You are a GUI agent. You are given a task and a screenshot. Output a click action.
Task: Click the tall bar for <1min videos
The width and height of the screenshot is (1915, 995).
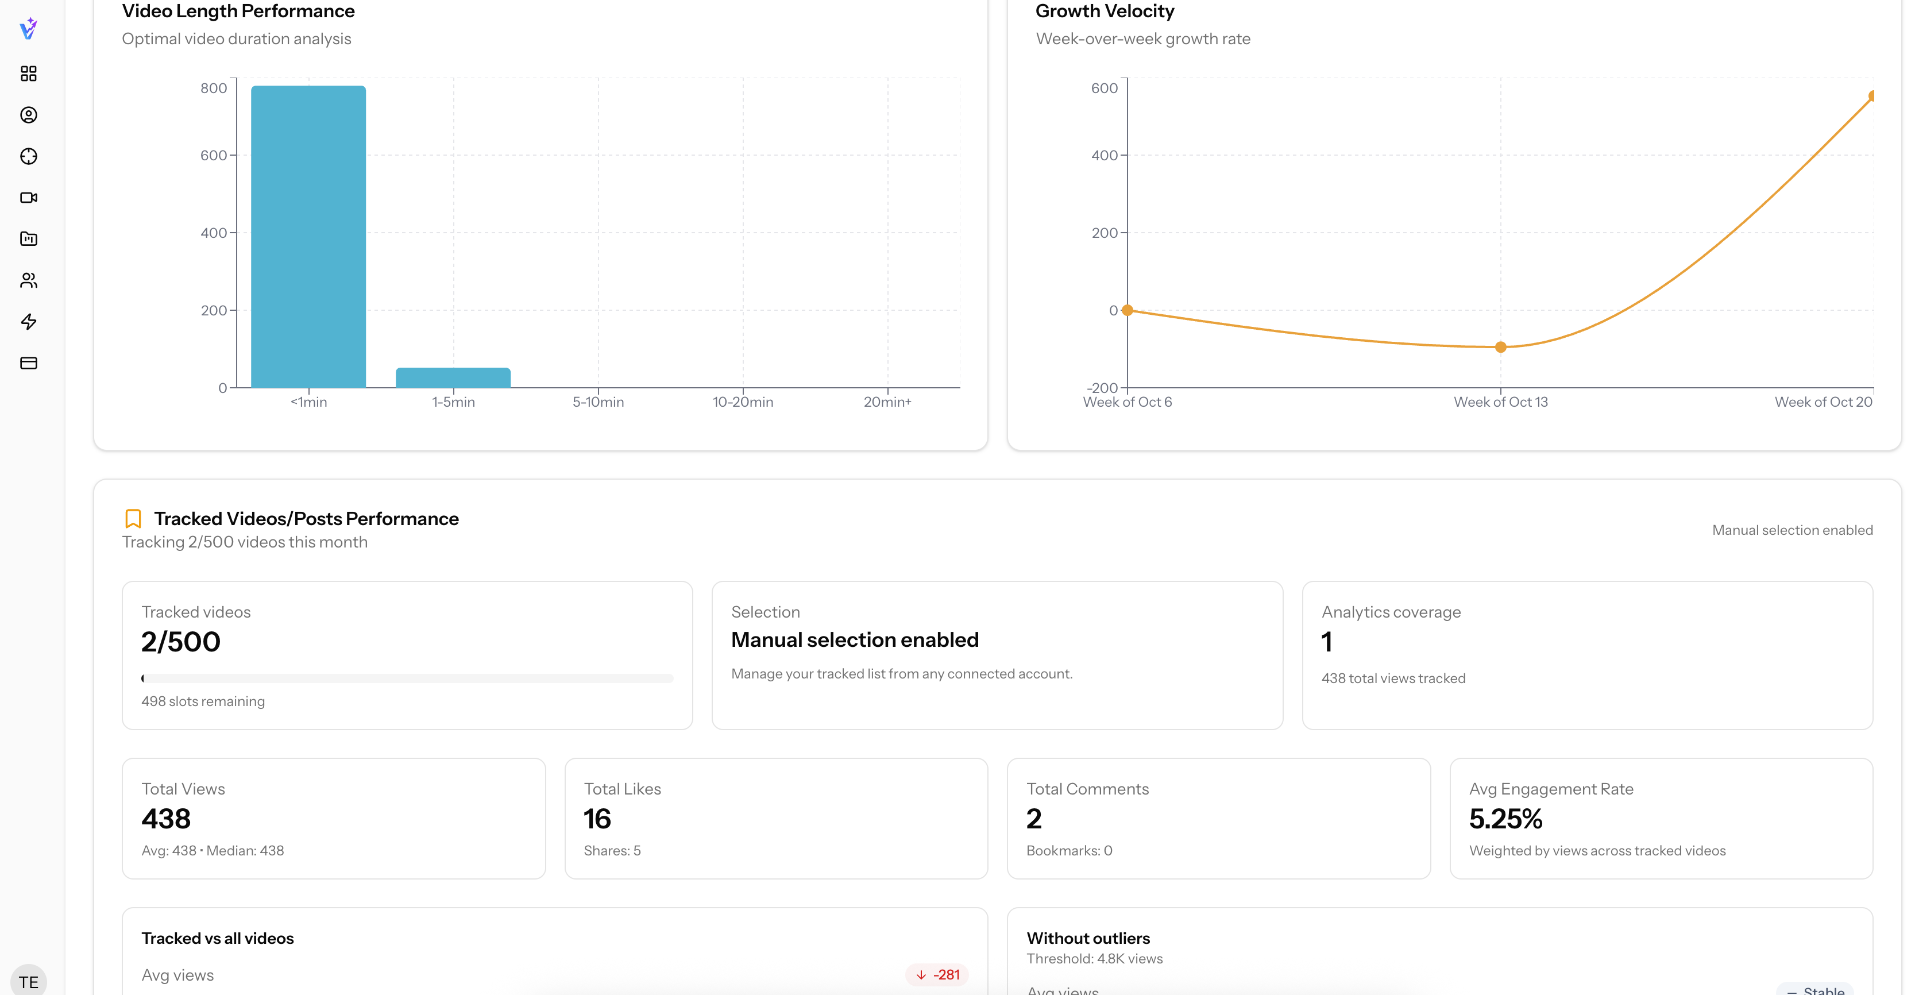pos(308,237)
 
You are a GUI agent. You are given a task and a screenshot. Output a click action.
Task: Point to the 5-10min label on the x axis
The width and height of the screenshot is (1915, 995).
pos(598,402)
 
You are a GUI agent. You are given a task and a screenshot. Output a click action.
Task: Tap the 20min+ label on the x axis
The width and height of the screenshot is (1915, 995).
pos(887,402)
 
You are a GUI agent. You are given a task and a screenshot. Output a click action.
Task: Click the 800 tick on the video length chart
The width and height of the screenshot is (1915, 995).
pos(213,88)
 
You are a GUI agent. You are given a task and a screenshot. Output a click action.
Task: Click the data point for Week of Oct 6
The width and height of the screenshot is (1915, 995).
pos(1128,310)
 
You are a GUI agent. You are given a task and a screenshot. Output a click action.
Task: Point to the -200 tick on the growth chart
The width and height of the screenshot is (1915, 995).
pos(1102,387)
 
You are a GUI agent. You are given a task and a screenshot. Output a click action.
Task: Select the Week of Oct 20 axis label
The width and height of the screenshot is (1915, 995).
pos(1823,402)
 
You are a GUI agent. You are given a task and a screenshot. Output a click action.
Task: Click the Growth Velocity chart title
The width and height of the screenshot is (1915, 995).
pos(1105,11)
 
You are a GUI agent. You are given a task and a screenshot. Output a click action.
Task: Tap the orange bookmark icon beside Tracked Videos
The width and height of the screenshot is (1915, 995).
pos(133,518)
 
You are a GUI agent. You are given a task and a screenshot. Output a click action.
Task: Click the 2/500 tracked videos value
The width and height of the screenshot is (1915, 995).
pos(181,642)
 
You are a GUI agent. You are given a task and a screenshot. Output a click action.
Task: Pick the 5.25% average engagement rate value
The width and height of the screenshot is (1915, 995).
pos(1505,819)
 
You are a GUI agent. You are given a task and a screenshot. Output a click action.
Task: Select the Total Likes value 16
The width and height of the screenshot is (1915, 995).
pos(597,819)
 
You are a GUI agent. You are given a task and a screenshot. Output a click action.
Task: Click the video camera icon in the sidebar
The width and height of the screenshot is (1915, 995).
pos(28,198)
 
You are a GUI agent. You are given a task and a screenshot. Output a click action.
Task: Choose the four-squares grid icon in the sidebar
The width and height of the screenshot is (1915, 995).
pos(28,74)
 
